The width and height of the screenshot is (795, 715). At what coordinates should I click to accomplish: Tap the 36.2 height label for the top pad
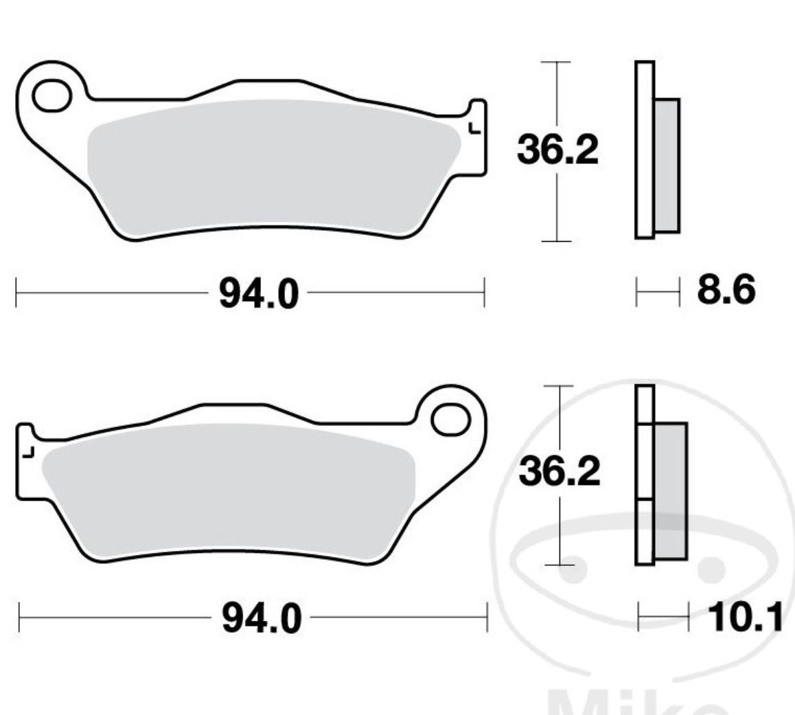point(557,152)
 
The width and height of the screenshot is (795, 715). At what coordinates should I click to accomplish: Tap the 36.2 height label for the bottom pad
point(559,472)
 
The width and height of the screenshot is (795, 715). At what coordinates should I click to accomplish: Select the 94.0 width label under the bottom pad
point(261,620)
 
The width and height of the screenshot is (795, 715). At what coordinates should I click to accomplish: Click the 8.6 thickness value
point(726,291)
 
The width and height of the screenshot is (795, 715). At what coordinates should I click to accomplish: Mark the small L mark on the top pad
point(473,128)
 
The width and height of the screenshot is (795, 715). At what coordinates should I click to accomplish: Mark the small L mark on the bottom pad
point(28,452)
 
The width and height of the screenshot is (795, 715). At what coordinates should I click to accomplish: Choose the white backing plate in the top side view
point(644,151)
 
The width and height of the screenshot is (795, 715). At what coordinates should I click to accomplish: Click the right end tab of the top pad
point(478,137)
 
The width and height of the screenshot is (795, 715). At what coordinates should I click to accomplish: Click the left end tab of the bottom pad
point(25,460)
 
